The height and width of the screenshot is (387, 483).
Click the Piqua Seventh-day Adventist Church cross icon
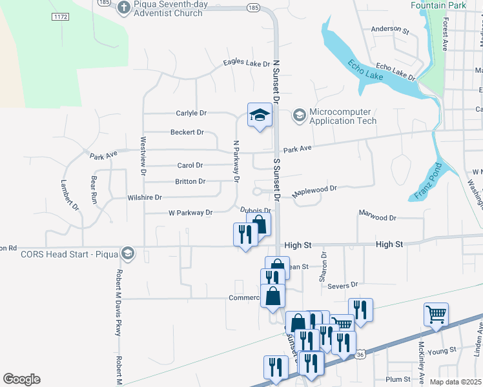[124, 8]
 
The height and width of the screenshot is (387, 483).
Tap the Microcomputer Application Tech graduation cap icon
[299, 116]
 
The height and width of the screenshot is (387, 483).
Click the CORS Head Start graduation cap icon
[128, 253]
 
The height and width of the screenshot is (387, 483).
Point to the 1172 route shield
[61, 15]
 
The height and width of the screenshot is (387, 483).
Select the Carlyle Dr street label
[191, 113]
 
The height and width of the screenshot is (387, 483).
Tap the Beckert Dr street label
[187, 132]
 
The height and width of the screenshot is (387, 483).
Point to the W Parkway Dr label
[190, 212]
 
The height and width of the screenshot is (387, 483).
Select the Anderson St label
[390, 30]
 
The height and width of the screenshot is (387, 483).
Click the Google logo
[21, 379]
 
